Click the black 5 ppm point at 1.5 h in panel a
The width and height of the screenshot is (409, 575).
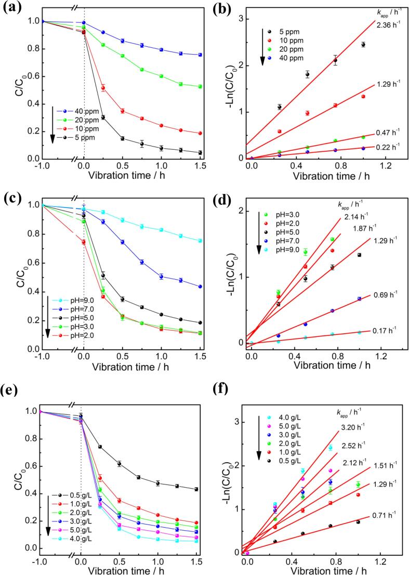tap(200, 152)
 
